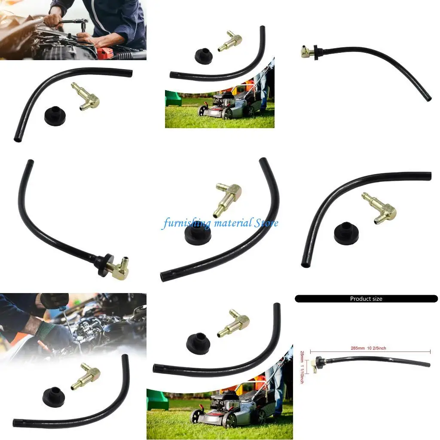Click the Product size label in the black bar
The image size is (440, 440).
(366, 299)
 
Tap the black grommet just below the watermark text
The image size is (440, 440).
(197, 235)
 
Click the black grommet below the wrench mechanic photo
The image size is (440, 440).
(55, 116)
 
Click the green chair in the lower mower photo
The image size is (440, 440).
(156, 400)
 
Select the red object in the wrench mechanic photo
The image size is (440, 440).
(104, 53)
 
